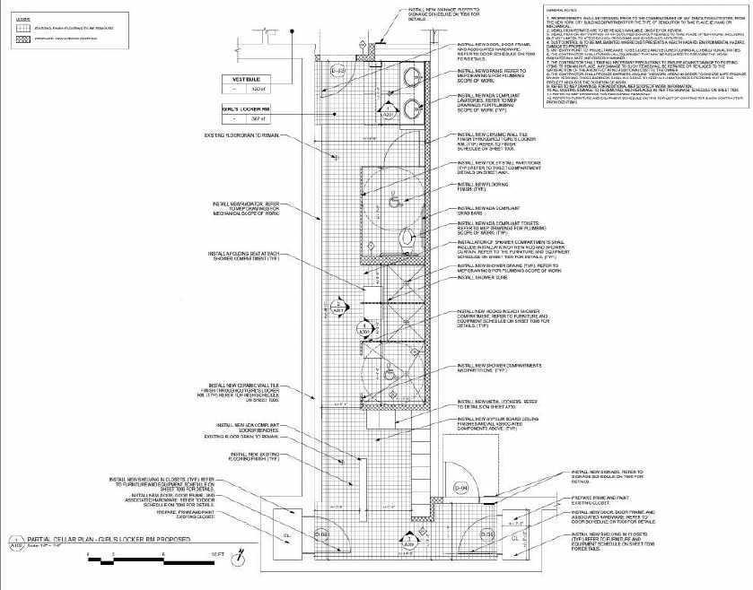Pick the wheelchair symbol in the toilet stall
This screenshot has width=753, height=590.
click(x=396, y=198)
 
